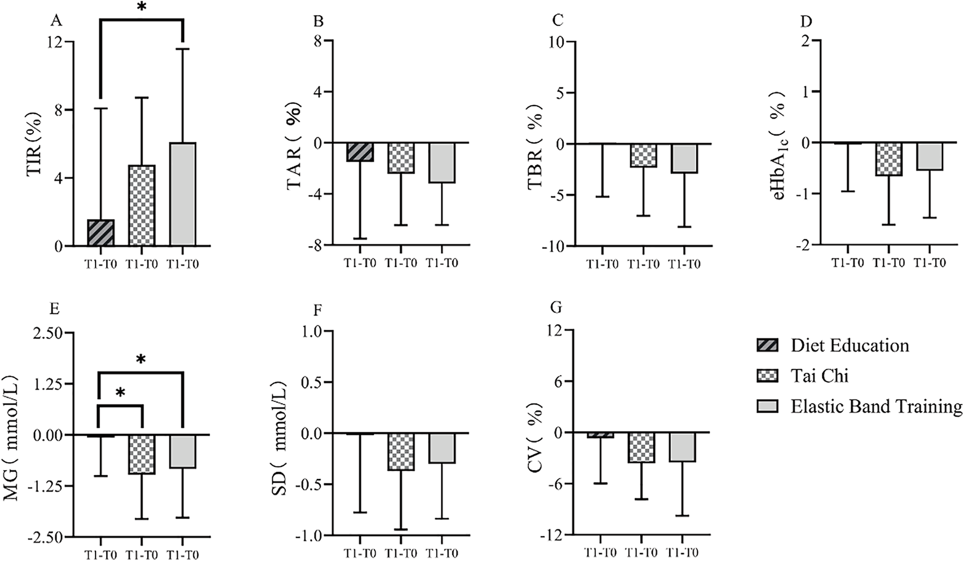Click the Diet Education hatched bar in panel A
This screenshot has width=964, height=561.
101,233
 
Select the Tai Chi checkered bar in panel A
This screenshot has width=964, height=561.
141,205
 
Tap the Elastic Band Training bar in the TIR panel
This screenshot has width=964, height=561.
182,194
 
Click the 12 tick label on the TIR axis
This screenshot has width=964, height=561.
55,42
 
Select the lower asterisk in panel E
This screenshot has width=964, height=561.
120,393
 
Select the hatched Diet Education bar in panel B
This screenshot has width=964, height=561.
360,152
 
